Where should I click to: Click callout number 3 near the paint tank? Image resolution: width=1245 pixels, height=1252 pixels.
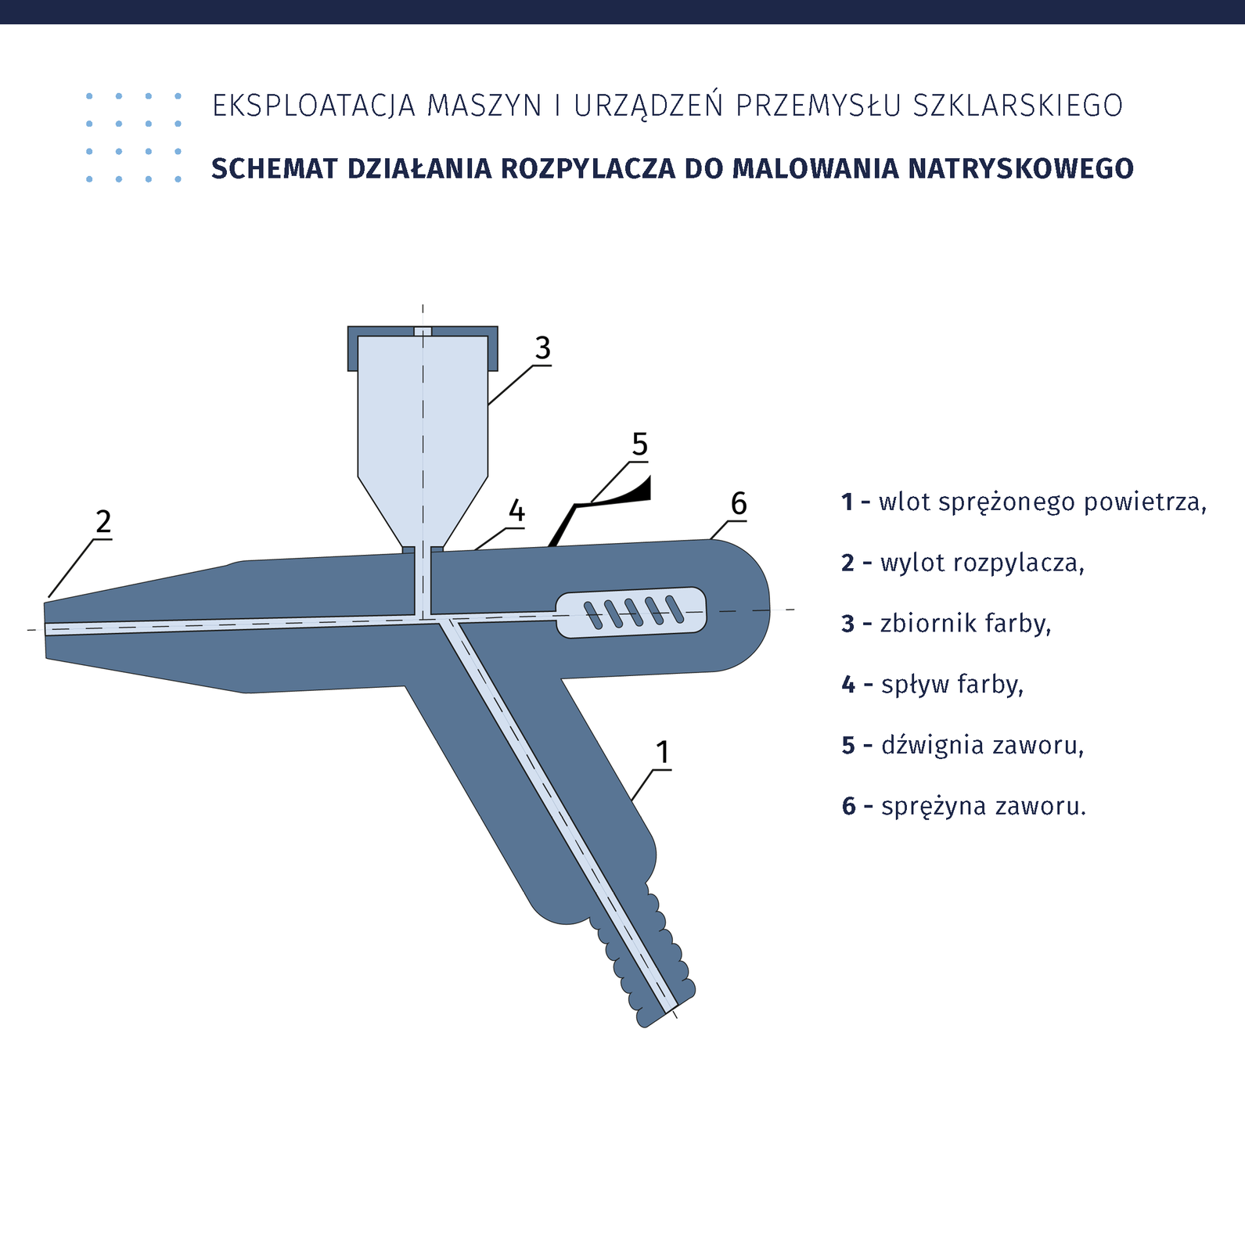coord(543,348)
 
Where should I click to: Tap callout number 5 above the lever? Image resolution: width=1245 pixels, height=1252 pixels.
coord(640,445)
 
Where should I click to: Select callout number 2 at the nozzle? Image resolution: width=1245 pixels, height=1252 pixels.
coord(103,522)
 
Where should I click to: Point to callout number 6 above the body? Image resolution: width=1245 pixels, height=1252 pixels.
coord(739,504)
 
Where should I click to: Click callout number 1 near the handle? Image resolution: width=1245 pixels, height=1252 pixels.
coord(663,753)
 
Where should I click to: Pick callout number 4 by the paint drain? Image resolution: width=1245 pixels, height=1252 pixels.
coord(516,512)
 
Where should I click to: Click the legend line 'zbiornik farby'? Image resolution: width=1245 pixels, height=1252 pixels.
coord(946,624)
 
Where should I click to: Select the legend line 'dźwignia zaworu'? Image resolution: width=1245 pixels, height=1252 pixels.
coord(963,745)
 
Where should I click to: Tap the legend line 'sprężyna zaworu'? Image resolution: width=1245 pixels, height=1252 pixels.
coord(964,806)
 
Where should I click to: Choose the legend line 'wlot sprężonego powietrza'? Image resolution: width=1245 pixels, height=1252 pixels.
coord(1024,502)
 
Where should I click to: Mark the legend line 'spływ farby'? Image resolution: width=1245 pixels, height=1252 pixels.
coord(933,685)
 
